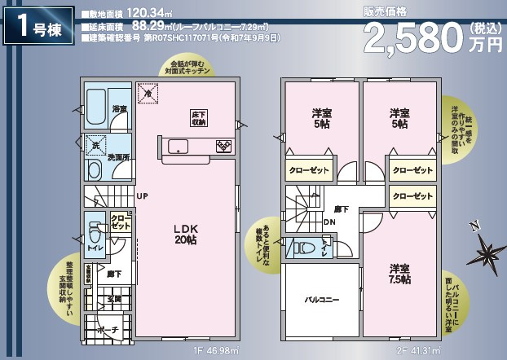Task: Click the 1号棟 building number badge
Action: pyautogui.click(x=37, y=28)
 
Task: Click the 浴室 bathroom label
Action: pyautogui.click(x=119, y=109)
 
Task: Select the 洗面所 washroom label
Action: pyautogui.click(x=119, y=157)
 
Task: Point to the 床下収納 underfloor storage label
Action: pyautogui.click(x=199, y=118)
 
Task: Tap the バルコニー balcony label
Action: pyautogui.click(x=322, y=300)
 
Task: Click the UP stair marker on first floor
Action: pyautogui.click(x=142, y=196)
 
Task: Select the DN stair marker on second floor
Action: pyautogui.click(x=328, y=222)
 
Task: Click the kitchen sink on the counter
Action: pyautogui.click(x=179, y=146)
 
